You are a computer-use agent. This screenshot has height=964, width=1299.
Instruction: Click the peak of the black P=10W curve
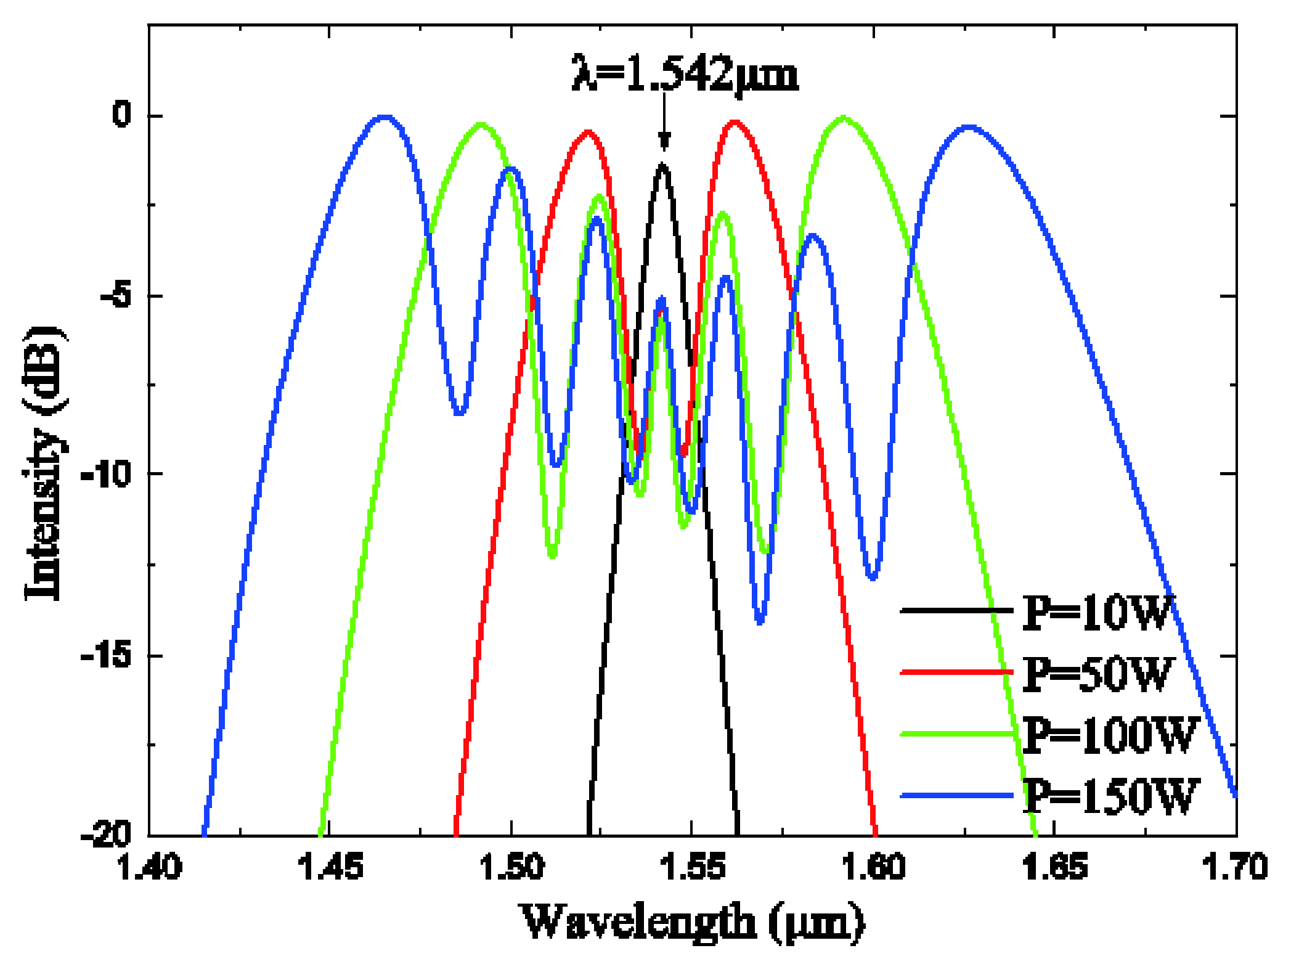tap(663, 165)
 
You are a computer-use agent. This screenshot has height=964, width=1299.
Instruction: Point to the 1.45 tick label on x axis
tap(330, 867)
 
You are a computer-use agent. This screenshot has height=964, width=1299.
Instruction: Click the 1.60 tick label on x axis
tap(874, 867)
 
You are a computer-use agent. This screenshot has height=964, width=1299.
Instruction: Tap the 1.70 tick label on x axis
tap(1235, 867)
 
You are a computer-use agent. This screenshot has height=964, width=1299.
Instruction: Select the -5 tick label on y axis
tap(116, 295)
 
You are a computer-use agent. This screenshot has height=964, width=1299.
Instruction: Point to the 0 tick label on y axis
tap(122, 115)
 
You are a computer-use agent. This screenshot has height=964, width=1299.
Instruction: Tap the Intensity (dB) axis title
tap(44, 462)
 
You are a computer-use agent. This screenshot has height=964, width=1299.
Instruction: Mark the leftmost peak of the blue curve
tap(385, 117)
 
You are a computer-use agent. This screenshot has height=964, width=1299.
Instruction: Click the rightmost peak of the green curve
tap(844, 117)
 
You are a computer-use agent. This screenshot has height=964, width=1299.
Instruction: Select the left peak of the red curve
tap(587, 132)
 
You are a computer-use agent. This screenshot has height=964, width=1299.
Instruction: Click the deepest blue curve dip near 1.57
tap(760, 621)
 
